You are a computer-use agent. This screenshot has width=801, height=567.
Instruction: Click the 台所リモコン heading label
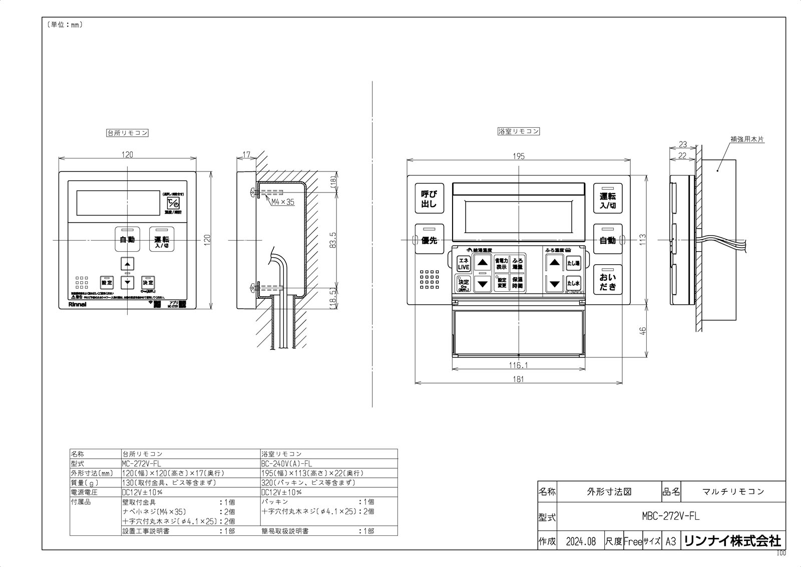(x=128, y=133)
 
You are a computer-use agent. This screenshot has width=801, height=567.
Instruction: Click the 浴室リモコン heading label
(x=519, y=131)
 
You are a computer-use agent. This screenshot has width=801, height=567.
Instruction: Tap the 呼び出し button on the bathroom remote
(x=429, y=199)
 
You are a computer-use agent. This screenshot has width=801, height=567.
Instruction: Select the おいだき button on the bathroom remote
(x=608, y=281)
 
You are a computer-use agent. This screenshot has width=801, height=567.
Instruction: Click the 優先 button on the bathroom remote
(x=429, y=240)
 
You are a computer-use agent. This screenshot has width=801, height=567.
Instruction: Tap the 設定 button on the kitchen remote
(x=107, y=282)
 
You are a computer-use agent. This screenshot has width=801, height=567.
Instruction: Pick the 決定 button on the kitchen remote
(x=148, y=282)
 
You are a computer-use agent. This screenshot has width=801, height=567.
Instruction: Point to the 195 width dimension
(x=519, y=156)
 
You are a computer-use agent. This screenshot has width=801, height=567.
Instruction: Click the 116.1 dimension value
(x=519, y=365)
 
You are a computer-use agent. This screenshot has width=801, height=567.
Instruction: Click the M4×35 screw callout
(x=283, y=202)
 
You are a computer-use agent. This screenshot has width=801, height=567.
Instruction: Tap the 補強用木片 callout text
(x=746, y=139)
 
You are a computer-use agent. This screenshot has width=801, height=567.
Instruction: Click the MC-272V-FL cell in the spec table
(x=142, y=464)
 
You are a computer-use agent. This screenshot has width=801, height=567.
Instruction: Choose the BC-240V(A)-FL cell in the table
(x=286, y=464)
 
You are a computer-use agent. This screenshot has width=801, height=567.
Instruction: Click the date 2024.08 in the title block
(x=581, y=541)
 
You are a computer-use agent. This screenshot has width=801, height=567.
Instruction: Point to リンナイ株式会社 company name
(x=732, y=541)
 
